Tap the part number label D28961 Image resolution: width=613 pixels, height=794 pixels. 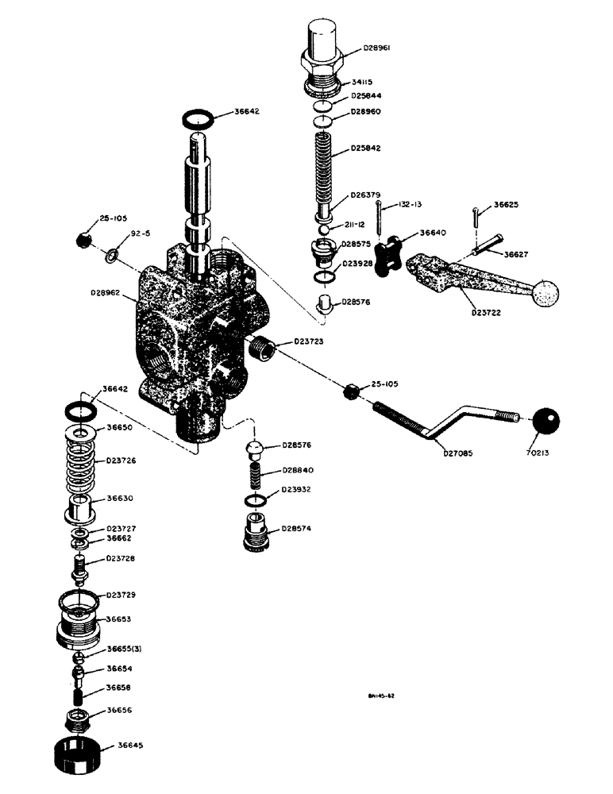(379, 48)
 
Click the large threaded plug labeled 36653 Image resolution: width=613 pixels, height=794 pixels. (79, 623)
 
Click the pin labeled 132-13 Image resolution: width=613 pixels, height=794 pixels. (382, 218)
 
